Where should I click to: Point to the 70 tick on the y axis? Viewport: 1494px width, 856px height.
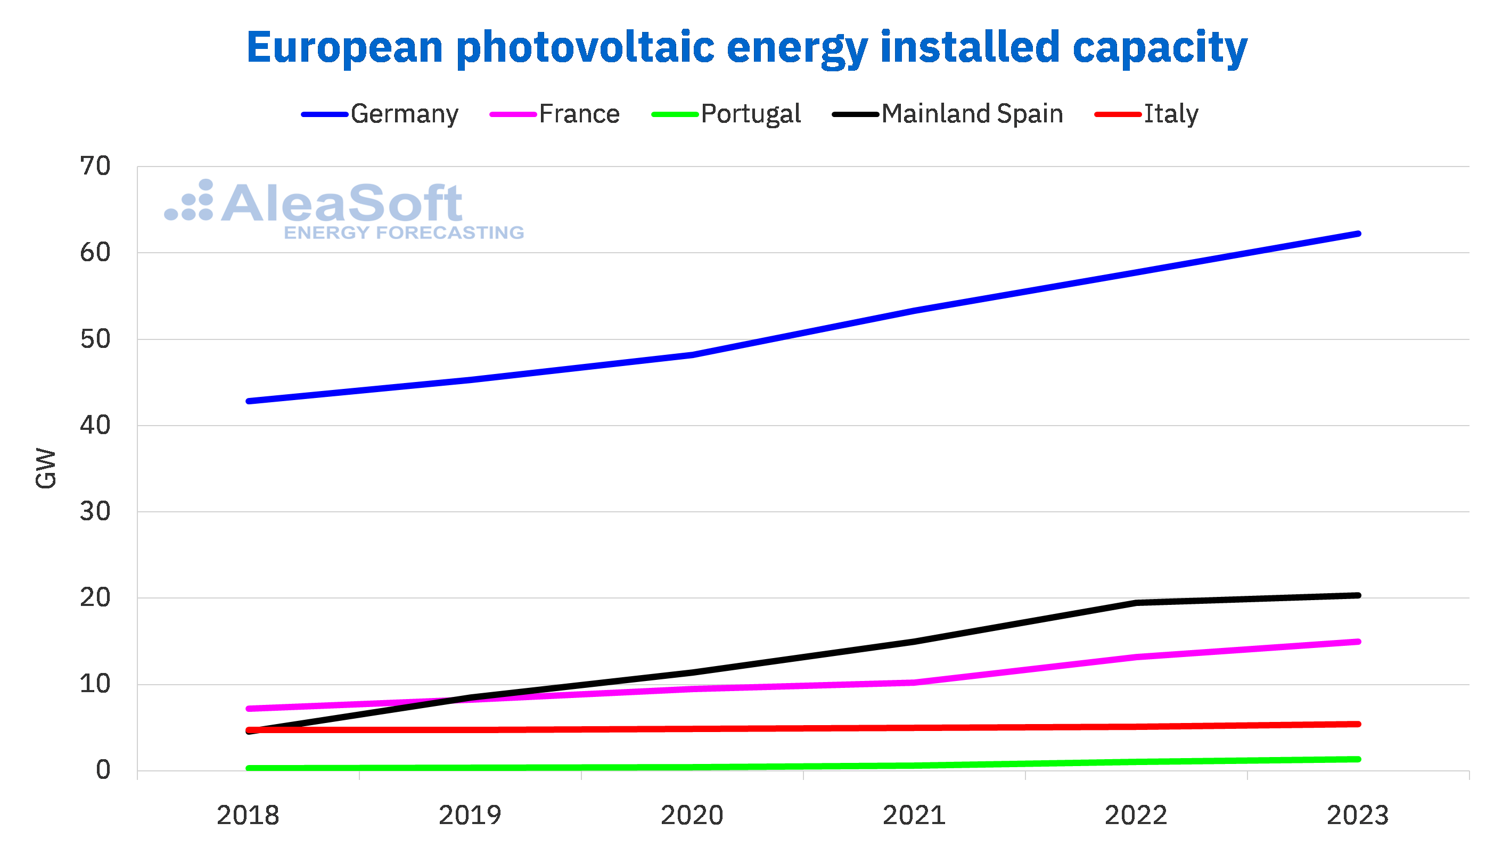(95, 167)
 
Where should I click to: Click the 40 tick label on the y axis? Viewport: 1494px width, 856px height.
(95, 425)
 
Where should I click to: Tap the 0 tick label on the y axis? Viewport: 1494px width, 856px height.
(103, 770)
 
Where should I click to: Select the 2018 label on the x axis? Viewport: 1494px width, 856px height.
(248, 816)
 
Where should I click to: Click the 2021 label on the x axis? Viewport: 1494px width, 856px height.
(914, 816)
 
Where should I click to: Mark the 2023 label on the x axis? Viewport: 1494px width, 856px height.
(1358, 816)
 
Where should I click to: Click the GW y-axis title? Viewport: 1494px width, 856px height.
(46, 469)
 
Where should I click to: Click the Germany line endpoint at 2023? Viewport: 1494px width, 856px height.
(1358, 234)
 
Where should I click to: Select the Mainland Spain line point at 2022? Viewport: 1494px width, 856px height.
(1136, 603)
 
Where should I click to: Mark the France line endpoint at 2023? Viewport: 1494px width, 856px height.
(1358, 642)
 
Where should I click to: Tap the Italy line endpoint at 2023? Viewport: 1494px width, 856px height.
(1358, 724)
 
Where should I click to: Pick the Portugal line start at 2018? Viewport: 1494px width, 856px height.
(249, 768)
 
